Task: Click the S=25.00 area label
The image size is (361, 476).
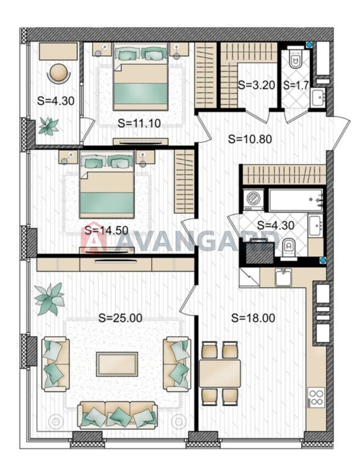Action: [x=120, y=318]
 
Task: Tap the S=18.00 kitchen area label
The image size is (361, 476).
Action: [x=253, y=318]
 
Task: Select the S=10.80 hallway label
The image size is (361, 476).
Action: [x=250, y=139]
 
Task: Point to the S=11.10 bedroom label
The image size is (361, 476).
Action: [x=139, y=123]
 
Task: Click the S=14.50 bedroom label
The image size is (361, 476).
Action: [x=106, y=230]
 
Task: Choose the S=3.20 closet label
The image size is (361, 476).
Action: [x=257, y=85]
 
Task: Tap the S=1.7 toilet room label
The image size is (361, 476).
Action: [x=296, y=85]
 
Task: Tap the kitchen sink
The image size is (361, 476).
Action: [x=283, y=277]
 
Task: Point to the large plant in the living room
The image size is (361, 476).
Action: [x=50, y=299]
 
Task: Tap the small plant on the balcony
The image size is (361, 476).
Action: [x=48, y=126]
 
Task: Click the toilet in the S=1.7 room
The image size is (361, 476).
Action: [x=295, y=59]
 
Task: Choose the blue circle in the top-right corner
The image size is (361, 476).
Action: [x=309, y=45]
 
